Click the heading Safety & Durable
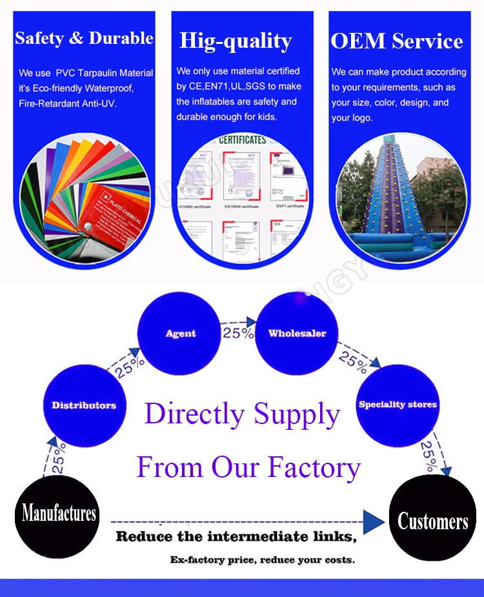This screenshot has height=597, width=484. pyautogui.click(x=84, y=38)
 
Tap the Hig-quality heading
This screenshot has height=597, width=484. pyautogui.click(x=236, y=41)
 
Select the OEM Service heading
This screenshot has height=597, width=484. pyautogui.click(x=397, y=41)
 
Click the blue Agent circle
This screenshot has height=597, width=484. pyautogui.click(x=181, y=334)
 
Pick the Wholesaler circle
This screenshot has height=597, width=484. pyautogui.click(x=297, y=334)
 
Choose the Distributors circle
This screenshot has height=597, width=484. pyautogui.click(x=84, y=405)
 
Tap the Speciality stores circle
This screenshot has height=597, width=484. pyautogui.click(x=398, y=405)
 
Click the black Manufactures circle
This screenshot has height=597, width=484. pyautogui.click(x=59, y=514)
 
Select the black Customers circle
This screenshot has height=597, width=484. pyautogui.click(x=433, y=520)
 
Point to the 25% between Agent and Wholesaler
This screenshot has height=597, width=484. pyautogui.click(x=238, y=333)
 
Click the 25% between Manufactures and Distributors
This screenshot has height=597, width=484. pyautogui.click(x=59, y=458)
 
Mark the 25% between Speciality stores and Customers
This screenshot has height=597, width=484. pyautogui.click(x=428, y=456)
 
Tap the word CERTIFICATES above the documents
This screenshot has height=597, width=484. pyautogui.click(x=242, y=139)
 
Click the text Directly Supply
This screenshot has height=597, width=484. pyautogui.click(x=242, y=414)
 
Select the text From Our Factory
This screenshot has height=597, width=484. pyautogui.click(x=248, y=467)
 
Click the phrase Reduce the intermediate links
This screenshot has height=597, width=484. pyautogui.click(x=236, y=536)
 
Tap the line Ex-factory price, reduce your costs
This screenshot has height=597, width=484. pyautogui.click(x=262, y=560)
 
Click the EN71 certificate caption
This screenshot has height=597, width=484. pyautogui.click(x=290, y=206)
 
